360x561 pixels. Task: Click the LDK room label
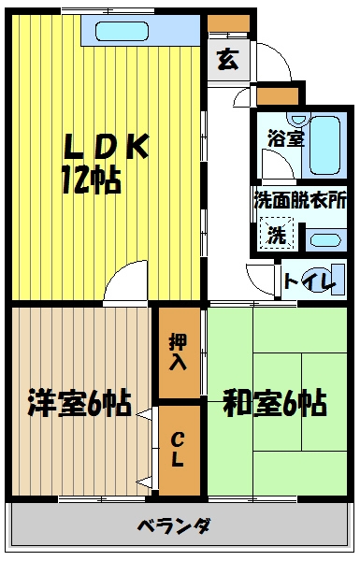pyautogui.click(x=107, y=147)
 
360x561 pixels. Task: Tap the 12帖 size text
pyautogui.click(x=92, y=180)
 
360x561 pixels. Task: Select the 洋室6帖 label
pyautogui.click(x=79, y=403)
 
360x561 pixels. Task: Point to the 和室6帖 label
pyautogui.click(x=275, y=403)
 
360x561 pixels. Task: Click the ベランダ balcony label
pyautogui.click(x=174, y=525)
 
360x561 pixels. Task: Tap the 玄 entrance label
pyautogui.click(x=228, y=60)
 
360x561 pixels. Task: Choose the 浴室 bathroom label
pyautogui.click(x=286, y=138)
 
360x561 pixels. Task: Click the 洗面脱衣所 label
pyautogui.click(x=300, y=200)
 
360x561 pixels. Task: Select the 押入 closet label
pyautogui.click(x=179, y=352)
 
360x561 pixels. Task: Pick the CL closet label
pyautogui.click(x=178, y=449)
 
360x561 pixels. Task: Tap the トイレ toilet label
pyautogui.click(x=310, y=281)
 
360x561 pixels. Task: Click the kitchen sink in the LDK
pyautogui.click(x=122, y=31)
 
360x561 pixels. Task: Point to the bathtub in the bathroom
pyautogui.click(x=324, y=145)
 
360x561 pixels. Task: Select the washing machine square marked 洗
pyautogui.click(x=277, y=234)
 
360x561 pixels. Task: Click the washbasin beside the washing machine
pyautogui.click(x=325, y=239)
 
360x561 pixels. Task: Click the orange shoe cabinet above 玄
pyautogui.click(x=228, y=23)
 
